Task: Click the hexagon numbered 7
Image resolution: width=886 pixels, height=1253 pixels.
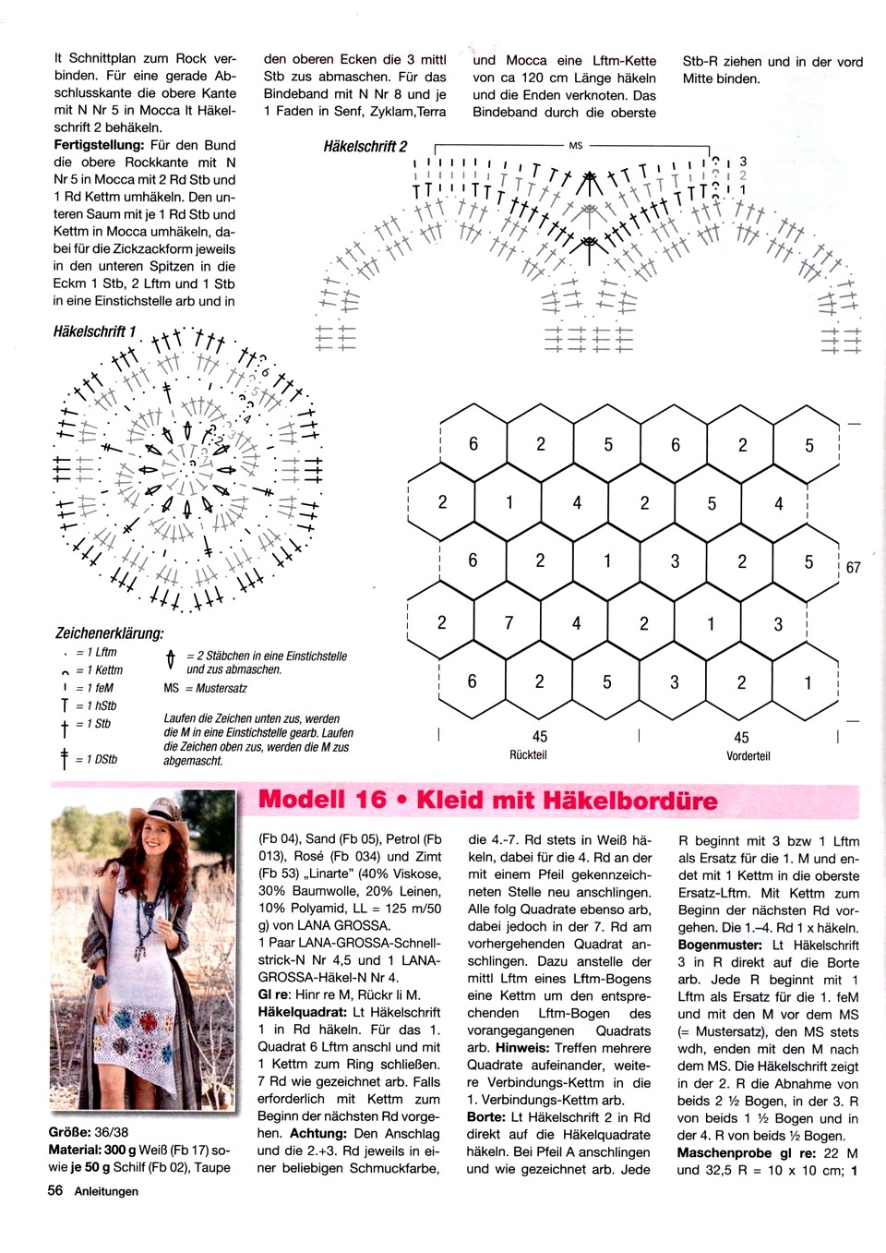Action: coord(509,623)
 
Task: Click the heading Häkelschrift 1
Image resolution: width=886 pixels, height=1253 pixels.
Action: coord(95,331)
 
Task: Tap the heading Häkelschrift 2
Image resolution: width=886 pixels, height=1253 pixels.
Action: coord(365,147)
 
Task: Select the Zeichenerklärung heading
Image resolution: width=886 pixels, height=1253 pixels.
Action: coord(109,633)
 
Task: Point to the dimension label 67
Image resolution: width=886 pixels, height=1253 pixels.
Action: coord(853,567)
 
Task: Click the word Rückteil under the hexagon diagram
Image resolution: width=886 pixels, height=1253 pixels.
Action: coord(529,755)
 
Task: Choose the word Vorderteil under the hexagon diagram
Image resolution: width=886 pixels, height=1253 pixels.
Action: coord(748,755)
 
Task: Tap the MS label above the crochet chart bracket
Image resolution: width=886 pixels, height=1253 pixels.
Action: coord(576,146)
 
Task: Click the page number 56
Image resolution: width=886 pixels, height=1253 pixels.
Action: coord(55,1191)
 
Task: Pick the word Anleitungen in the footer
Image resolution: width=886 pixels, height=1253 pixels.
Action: coord(106,1191)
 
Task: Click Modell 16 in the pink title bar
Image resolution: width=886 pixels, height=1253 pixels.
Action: coord(322,799)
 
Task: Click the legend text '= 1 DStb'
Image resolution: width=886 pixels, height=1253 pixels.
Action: coord(97,759)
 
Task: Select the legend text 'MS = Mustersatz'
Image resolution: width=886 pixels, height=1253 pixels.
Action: coord(205,688)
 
